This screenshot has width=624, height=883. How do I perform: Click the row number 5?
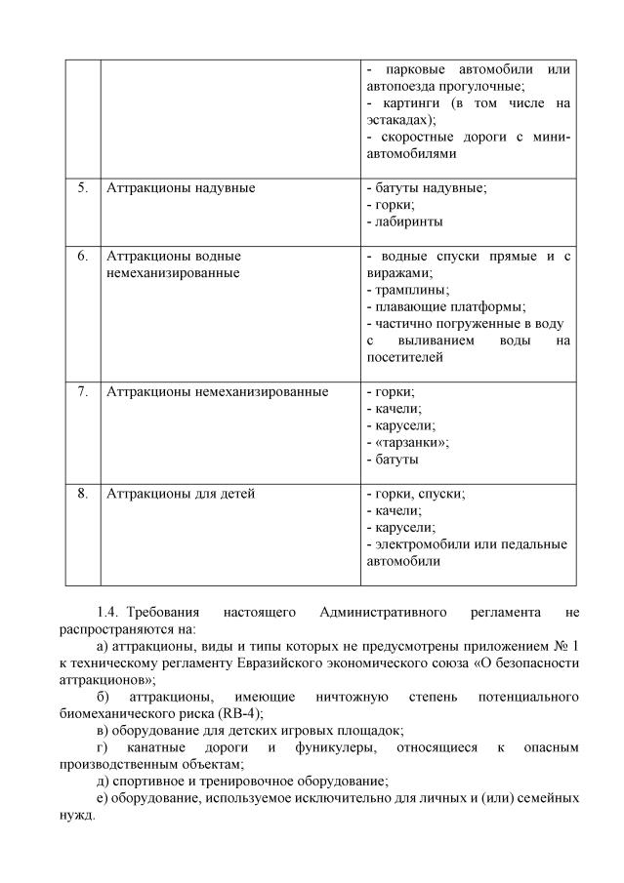click(x=83, y=187)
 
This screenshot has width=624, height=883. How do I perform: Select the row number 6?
click(x=83, y=256)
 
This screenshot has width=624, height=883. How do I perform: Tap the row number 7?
click(x=83, y=392)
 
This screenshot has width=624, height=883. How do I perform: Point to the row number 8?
click(x=83, y=494)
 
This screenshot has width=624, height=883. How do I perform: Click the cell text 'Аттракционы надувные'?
click(x=181, y=187)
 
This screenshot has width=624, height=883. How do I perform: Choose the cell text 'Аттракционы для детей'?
click(x=181, y=494)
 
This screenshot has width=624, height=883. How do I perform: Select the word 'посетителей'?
click(x=404, y=358)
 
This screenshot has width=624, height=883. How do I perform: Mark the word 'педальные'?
click(x=536, y=544)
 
